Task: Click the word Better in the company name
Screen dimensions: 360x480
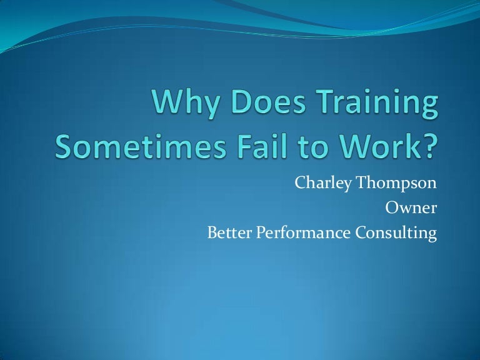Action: click(x=227, y=233)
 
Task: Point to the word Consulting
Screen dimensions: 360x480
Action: click(x=395, y=233)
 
